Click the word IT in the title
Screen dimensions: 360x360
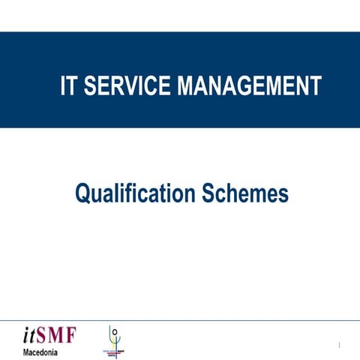[69, 86]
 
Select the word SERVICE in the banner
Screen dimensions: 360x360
[128, 86]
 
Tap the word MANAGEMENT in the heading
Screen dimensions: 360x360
[250, 86]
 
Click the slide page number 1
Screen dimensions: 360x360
[340, 346]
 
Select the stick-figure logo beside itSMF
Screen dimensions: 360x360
[113, 340]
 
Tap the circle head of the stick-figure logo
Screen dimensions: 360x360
[114, 330]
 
